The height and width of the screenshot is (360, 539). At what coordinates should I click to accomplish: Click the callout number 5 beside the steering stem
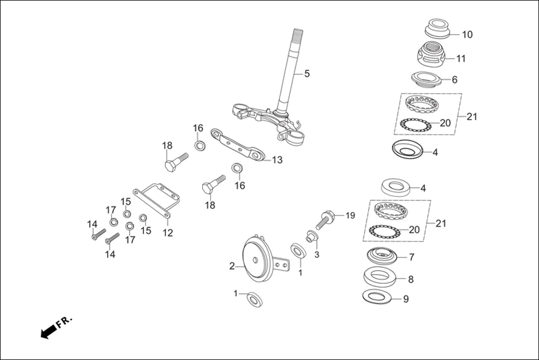click(306, 74)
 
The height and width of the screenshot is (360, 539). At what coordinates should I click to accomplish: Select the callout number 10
click(467, 35)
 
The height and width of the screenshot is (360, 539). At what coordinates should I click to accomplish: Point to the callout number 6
click(454, 80)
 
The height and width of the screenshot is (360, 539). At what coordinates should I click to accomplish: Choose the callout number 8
click(411, 279)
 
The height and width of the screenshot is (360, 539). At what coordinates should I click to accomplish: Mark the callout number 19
click(350, 215)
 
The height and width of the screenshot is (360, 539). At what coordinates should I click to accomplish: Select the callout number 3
click(316, 255)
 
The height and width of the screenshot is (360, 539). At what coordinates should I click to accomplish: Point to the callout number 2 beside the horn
click(232, 266)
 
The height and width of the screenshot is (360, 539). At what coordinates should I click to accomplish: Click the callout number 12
click(168, 232)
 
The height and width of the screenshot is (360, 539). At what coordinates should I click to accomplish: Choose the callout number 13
click(277, 160)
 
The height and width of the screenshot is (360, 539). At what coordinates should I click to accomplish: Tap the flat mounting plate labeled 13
click(237, 145)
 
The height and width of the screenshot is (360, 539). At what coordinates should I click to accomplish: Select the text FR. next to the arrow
click(65, 321)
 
